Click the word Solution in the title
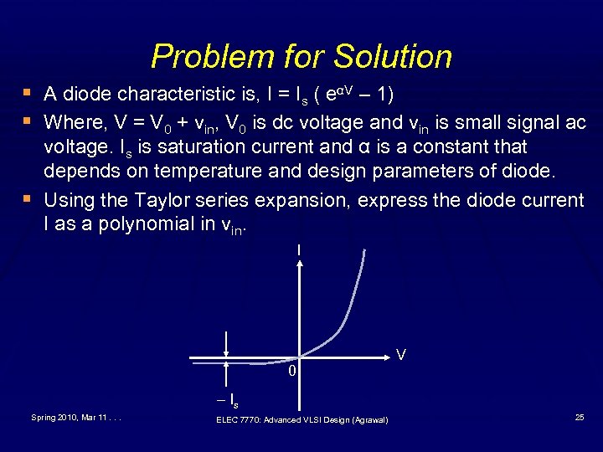click(393, 57)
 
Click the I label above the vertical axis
click(299, 249)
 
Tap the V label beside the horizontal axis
click(401, 356)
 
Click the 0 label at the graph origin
click(291, 371)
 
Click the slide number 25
click(580, 416)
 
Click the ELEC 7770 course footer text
click(301, 419)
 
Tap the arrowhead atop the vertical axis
click(300, 261)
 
